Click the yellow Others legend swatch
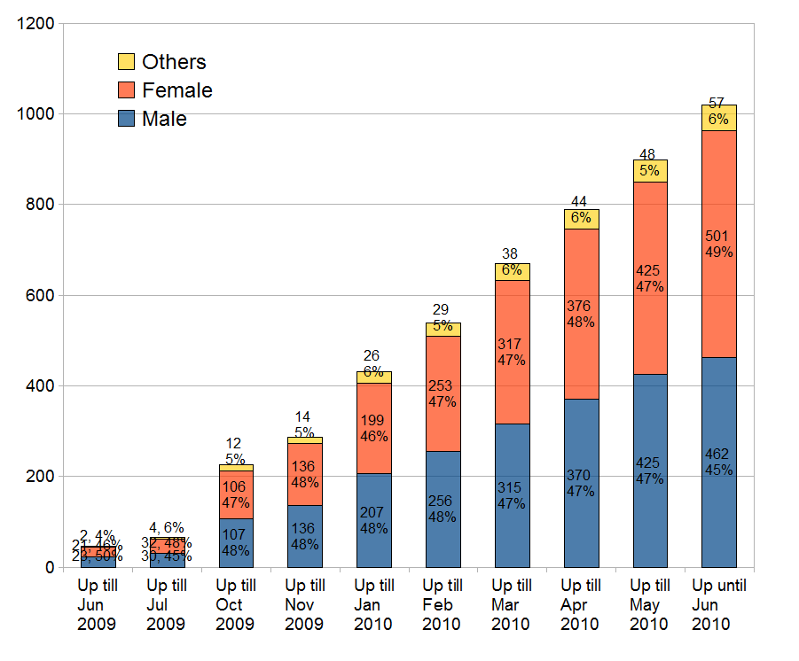(126, 61)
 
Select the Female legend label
(177, 90)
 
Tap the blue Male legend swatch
(126, 118)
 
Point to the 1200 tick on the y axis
(35, 23)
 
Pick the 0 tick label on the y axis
(48, 567)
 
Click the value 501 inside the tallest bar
(718, 236)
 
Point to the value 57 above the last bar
(717, 103)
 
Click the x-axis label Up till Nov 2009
(304, 604)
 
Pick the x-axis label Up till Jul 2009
(167, 604)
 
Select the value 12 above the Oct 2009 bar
(235, 443)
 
